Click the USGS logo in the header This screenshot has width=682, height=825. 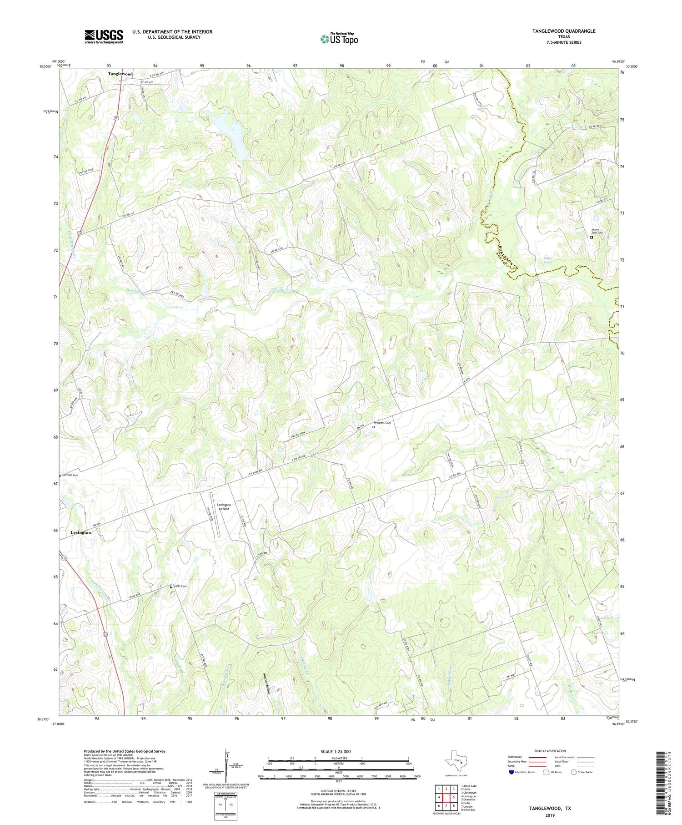[x=104, y=36]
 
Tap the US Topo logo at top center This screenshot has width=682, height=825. [x=339, y=39]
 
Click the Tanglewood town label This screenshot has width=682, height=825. [x=120, y=74]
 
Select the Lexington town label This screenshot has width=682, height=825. [x=81, y=532]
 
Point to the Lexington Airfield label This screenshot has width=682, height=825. [x=223, y=507]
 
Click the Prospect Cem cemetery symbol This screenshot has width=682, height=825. [x=374, y=427]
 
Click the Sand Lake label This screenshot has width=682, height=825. [x=548, y=260]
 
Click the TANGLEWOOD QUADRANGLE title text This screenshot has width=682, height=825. [x=564, y=31]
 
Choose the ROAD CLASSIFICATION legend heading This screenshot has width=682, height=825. [x=550, y=751]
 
